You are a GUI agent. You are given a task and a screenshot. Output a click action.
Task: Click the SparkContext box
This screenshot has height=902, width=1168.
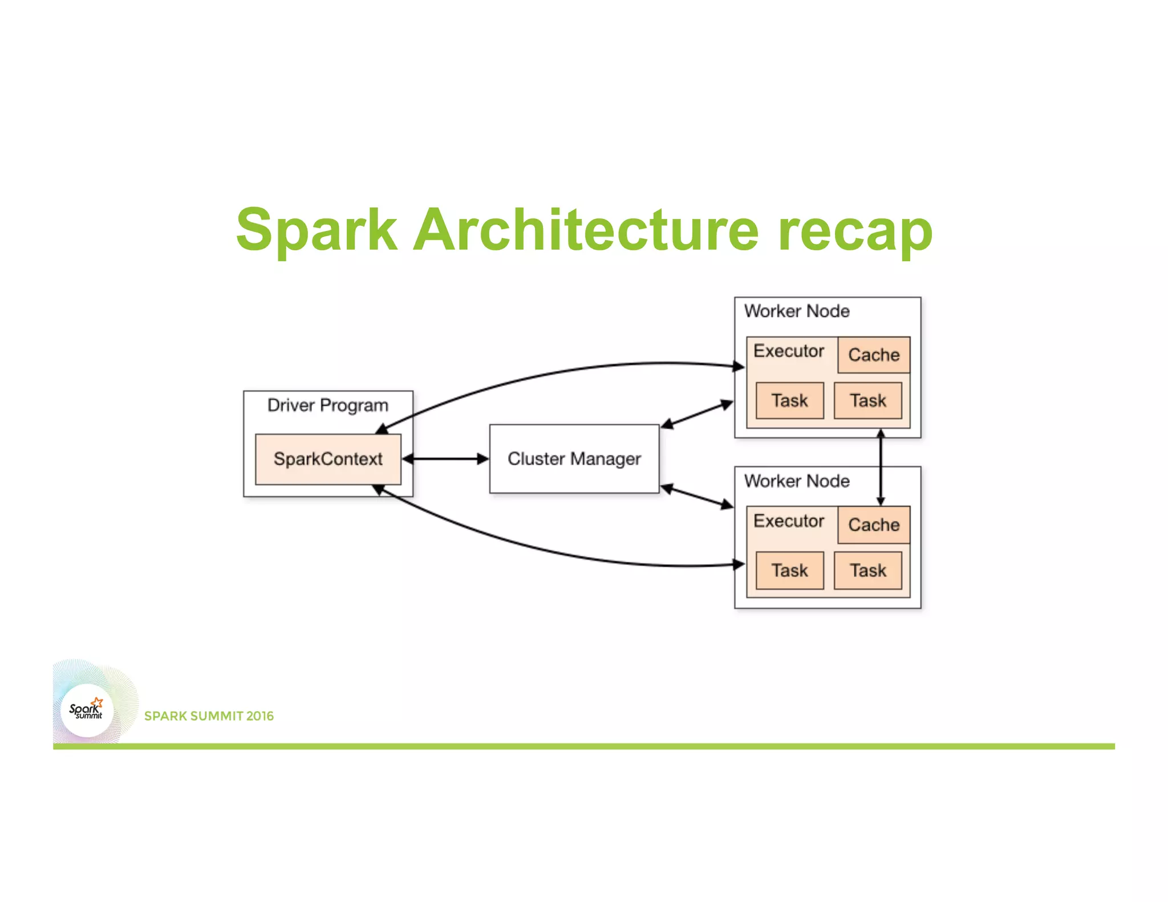328,460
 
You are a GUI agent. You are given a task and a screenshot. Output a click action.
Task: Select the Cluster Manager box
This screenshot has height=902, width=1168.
574,459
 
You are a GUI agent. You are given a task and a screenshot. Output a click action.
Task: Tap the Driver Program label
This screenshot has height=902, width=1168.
328,405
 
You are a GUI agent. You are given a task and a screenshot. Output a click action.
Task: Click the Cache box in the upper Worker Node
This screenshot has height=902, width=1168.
874,355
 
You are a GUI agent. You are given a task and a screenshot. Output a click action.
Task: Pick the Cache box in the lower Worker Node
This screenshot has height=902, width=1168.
874,525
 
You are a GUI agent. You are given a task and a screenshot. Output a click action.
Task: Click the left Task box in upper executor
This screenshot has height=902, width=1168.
790,401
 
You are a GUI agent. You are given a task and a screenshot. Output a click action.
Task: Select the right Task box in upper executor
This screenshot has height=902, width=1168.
868,401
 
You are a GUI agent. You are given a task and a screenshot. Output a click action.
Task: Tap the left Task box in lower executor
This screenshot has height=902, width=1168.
790,571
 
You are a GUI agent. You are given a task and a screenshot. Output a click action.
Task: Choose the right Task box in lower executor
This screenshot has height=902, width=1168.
868,571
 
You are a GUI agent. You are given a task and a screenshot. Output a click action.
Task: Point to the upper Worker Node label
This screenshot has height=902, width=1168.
797,311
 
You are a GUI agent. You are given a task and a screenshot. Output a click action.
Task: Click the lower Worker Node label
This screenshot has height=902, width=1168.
797,481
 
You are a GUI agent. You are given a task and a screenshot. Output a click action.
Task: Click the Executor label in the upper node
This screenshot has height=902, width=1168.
789,351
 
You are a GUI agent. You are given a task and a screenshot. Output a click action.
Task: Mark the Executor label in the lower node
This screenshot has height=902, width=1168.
789,521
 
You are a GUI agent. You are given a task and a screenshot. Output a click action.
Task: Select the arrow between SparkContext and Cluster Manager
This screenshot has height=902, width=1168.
445,459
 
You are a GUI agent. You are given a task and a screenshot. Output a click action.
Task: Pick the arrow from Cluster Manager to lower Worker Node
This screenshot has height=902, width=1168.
697,497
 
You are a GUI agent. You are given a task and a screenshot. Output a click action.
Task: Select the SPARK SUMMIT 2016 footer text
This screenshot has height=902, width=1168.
209,716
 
